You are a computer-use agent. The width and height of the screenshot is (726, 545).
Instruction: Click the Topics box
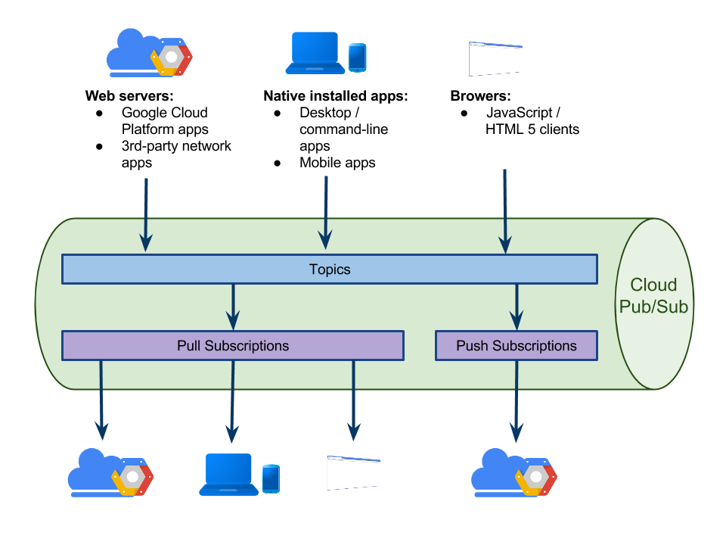pyautogui.click(x=329, y=269)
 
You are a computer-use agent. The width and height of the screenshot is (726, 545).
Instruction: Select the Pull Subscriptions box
pyautogui.click(x=232, y=346)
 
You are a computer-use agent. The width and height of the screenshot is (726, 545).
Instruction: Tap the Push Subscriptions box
pyautogui.click(x=517, y=346)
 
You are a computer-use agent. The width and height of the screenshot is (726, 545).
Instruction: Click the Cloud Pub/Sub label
pyautogui.click(x=653, y=296)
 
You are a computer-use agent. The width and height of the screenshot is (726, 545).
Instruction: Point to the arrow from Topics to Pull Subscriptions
pyautogui.click(x=233, y=307)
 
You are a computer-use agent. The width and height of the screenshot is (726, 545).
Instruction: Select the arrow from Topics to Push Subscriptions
pyautogui.click(x=517, y=307)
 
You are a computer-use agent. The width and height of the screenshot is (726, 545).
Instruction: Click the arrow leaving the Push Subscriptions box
pyautogui.click(x=517, y=401)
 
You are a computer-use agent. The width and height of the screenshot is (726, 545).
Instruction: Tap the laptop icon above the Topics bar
pyautogui.click(x=315, y=53)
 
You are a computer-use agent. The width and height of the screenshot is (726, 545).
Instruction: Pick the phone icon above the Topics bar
pyautogui.click(x=357, y=58)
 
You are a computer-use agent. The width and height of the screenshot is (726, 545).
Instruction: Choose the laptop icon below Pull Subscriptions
pyautogui.click(x=228, y=475)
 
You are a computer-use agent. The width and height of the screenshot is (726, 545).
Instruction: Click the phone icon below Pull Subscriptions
pyautogui.click(x=270, y=478)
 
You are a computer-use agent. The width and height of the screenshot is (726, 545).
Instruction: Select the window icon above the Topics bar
pyautogui.click(x=495, y=59)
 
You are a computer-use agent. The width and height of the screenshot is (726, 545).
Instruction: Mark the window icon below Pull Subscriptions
pyautogui.click(x=353, y=472)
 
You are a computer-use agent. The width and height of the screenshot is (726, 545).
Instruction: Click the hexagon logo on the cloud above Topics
pyautogui.click(x=172, y=58)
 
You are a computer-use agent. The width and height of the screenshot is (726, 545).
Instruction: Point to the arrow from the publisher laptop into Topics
pyautogui.click(x=325, y=212)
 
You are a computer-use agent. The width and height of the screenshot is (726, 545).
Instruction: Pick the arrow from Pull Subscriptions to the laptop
pyautogui.click(x=232, y=401)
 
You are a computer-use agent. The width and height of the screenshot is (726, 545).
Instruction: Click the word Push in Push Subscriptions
pyautogui.click(x=473, y=346)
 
